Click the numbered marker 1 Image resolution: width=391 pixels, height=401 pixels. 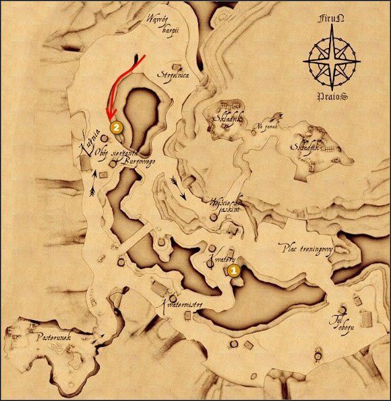(234, 269)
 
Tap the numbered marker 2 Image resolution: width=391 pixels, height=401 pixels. (117, 126)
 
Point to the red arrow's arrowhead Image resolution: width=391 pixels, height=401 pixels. (109, 119)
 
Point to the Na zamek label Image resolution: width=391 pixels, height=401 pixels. (266, 126)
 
